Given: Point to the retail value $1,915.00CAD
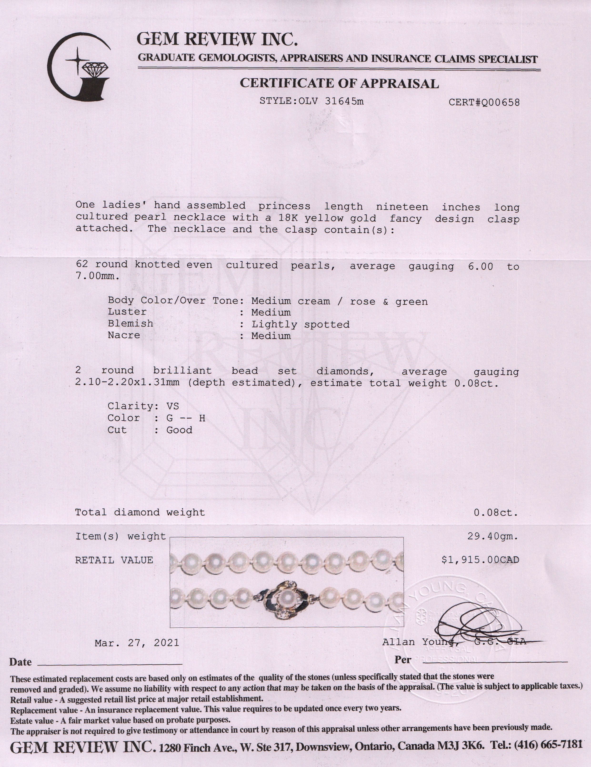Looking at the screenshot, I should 480,560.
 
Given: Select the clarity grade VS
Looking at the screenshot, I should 172,406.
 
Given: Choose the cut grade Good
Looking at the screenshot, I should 179,430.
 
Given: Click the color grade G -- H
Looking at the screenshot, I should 186,418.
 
